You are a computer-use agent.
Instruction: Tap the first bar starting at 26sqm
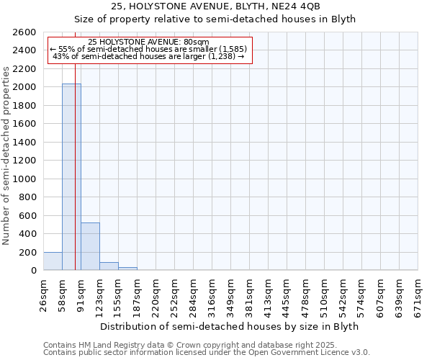coord(53,261)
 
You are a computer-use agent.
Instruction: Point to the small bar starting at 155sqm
coord(127,269)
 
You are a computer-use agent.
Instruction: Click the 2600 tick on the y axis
coord(25,32)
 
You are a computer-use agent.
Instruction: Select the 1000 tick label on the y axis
coord(25,179)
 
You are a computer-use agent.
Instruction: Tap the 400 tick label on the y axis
coord(28,234)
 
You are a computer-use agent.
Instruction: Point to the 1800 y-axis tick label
coord(25,106)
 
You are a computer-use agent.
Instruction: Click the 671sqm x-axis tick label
coord(418,294)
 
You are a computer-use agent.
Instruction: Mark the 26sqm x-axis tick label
coord(43,294)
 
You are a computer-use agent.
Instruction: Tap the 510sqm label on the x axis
coord(324,294)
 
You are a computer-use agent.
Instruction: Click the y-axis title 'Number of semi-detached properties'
coord(6,155)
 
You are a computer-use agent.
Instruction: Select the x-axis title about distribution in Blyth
coord(230,326)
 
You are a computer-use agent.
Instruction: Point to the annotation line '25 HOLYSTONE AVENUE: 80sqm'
coord(148,42)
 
